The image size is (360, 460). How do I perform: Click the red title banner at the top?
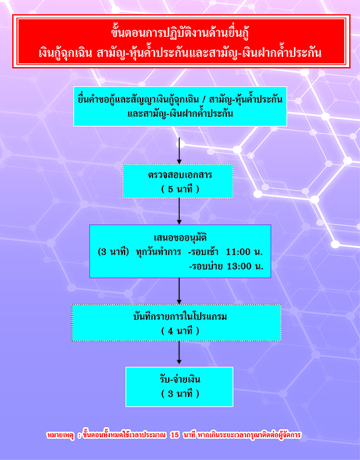(x=181, y=41)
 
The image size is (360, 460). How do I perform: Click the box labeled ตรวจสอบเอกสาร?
(x=178, y=181)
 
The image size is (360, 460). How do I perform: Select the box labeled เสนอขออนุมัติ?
(x=180, y=251)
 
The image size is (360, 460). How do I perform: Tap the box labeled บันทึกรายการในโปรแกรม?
(x=177, y=323)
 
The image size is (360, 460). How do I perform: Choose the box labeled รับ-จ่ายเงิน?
(x=180, y=387)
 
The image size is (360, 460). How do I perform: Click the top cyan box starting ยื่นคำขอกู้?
(x=180, y=106)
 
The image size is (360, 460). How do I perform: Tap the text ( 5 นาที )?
(x=180, y=189)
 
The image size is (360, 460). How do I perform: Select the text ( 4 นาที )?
(x=180, y=331)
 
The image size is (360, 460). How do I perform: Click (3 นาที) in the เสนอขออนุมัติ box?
(x=113, y=251)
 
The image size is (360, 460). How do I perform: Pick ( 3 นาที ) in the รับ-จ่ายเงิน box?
(x=180, y=394)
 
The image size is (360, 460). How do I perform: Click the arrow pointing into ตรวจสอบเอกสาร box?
(x=179, y=151)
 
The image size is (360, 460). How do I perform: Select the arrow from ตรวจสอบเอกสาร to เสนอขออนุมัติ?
(x=179, y=211)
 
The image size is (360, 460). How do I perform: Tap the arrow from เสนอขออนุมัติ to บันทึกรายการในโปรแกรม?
(x=179, y=291)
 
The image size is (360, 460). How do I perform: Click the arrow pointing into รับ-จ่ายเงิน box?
(x=179, y=354)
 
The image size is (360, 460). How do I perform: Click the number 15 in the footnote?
(x=175, y=435)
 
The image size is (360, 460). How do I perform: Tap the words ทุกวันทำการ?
(x=159, y=251)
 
